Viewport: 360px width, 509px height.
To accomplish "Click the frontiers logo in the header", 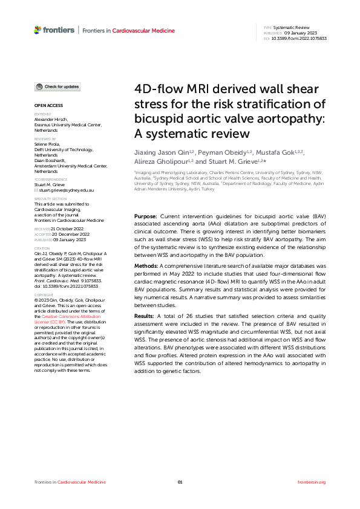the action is tap(54, 30).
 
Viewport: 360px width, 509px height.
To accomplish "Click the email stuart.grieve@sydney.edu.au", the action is tap(66, 190).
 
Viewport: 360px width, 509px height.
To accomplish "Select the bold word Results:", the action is tap(145, 316).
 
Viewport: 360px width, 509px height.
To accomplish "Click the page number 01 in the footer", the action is tap(180, 482).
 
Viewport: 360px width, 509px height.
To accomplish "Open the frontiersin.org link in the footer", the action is tap(312, 482).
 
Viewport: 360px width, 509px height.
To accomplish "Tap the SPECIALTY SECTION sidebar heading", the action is tap(50, 198).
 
